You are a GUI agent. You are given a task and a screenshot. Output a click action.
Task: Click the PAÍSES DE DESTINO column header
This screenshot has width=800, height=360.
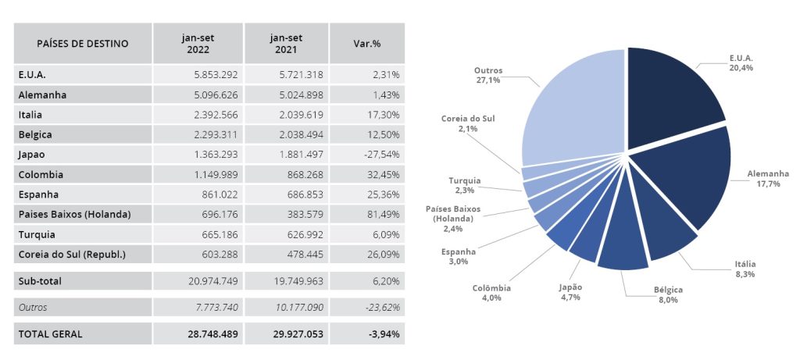point(82,44)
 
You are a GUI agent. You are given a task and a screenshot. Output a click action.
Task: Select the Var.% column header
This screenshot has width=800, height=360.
point(366,44)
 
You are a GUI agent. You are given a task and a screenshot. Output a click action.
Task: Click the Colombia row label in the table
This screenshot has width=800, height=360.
point(41,175)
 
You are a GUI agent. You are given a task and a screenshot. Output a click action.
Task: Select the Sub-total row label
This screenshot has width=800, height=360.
point(40,280)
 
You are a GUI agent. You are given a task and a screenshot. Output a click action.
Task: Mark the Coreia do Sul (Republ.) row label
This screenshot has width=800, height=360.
point(72,255)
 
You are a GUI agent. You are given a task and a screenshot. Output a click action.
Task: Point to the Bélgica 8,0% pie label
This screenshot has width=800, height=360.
point(668,294)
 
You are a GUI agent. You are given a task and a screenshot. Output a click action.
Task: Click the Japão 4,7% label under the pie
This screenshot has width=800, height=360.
point(570,291)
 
